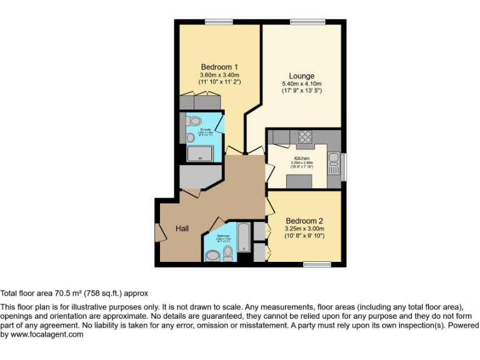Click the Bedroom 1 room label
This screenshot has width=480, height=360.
pos(219,67)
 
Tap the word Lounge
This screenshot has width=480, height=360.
pos(301,76)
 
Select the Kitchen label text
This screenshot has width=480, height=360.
pos(302,159)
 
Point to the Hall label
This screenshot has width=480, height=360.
pos(182,229)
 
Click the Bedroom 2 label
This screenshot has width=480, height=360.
pos(304,221)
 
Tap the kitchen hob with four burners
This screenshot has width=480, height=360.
pos(305,137)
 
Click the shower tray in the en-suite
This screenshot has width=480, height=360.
pos(202,154)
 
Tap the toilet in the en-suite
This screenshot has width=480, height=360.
pos(194,121)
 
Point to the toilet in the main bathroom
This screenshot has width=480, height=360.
pos(227,251)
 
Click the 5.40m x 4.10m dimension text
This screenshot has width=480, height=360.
pos(301,84)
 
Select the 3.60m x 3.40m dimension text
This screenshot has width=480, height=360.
pos(219,75)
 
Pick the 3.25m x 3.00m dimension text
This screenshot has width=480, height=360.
pos(304,229)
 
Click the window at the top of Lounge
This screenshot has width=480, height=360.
pos(303,22)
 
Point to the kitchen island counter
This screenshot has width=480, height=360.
pos(299,181)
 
